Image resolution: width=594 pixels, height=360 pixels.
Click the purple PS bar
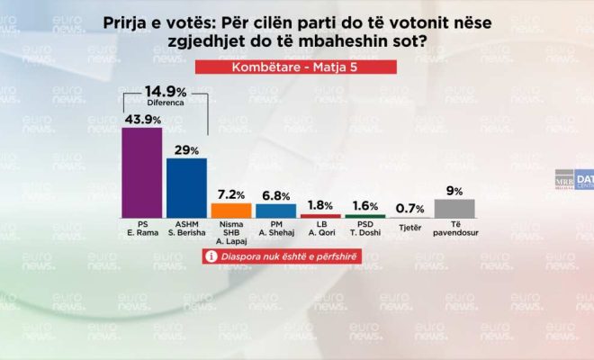(x=141, y=173)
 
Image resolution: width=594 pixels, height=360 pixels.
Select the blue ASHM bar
(x=186, y=188)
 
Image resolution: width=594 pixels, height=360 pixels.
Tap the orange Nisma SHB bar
(x=231, y=211)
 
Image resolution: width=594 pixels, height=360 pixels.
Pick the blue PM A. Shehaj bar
(x=275, y=211)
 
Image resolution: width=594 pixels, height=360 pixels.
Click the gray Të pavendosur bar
(x=454, y=208)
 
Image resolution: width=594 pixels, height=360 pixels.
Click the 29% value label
(x=187, y=149)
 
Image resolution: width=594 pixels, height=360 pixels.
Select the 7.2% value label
(x=231, y=193)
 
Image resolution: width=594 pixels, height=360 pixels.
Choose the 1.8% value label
(x=320, y=206)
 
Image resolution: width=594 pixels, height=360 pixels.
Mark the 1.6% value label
(x=365, y=206)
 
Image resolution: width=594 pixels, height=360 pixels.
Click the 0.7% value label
(x=409, y=208)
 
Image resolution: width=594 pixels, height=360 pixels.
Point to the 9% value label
(x=454, y=191)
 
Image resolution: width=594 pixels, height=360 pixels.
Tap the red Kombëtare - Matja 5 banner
(x=296, y=69)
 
